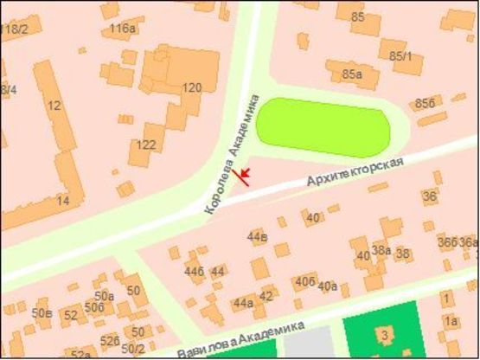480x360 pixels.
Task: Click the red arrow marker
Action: pyautogui.click(x=245, y=176)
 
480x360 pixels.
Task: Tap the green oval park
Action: pyautogui.click(x=323, y=126)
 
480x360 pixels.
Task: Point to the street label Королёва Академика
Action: pyautogui.click(x=232, y=153)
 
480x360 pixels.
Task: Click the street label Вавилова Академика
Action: pyautogui.click(x=241, y=339)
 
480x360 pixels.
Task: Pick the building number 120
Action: pyautogui.click(x=191, y=87)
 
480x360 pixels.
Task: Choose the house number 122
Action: pyautogui.click(x=147, y=145)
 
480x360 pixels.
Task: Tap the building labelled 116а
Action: pyautogui.click(x=124, y=29)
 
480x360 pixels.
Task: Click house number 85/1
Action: pyautogui.click(x=400, y=56)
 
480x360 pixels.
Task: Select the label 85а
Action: pyautogui.click(x=351, y=74)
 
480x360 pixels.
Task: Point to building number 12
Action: pyautogui.click(x=54, y=106)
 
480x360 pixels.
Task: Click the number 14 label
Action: pyautogui.click(x=62, y=201)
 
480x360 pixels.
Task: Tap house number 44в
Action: pyautogui.click(x=258, y=235)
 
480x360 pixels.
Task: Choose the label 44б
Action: pyautogui.click(x=194, y=271)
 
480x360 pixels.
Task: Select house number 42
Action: pyautogui.click(x=266, y=296)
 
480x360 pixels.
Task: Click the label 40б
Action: pyautogui.click(x=304, y=281)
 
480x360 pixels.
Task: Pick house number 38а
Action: pyautogui.click(x=381, y=251)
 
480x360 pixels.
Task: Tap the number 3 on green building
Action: pyautogui.click(x=381, y=334)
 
